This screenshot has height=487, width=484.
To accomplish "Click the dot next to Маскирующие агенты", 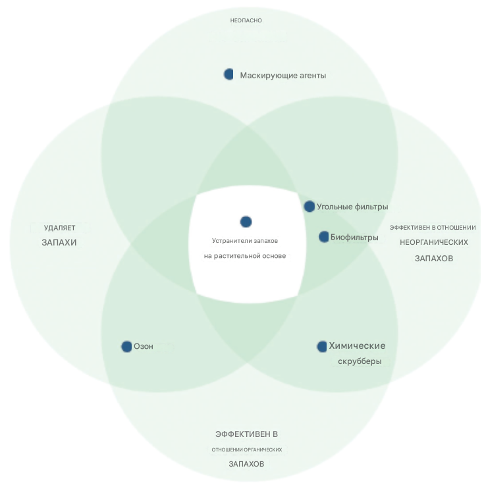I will (x=229, y=74).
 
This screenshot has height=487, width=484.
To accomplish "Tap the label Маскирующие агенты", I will (x=283, y=76).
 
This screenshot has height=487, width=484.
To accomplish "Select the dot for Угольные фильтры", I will (x=309, y=206).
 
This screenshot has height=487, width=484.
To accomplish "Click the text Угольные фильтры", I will (x=352, y=207).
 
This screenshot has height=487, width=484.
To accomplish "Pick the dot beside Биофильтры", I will (x=323, y=236).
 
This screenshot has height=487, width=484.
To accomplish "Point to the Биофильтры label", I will (x=354, y=237).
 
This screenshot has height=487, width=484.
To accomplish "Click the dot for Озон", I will (x=126, y=346).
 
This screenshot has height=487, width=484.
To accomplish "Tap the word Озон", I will (x=144, y=346).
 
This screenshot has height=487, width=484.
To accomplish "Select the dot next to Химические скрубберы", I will (x=322, y=346).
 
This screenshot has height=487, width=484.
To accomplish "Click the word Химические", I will (x=357, y=346).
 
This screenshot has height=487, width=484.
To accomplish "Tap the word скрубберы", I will (x=360, y=361).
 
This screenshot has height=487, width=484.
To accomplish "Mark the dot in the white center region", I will (x=246, y=222).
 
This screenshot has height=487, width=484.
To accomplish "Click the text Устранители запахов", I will (x=246, y=241).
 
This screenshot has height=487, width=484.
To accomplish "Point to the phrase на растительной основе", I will (x=246, y=255).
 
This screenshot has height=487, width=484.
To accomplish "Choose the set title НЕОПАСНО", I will (x=246, y=20).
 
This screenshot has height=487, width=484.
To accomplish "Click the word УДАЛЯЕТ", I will (x=60, y=228).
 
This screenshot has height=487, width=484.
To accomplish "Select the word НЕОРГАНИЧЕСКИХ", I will (x=434, y=242).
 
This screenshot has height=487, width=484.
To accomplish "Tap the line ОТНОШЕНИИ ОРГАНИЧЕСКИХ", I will (x=247, y=449).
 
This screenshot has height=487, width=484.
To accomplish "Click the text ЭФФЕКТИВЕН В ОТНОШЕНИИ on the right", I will (x=433, y=228).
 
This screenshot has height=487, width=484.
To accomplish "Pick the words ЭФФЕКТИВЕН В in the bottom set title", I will (x=247, y=434).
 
